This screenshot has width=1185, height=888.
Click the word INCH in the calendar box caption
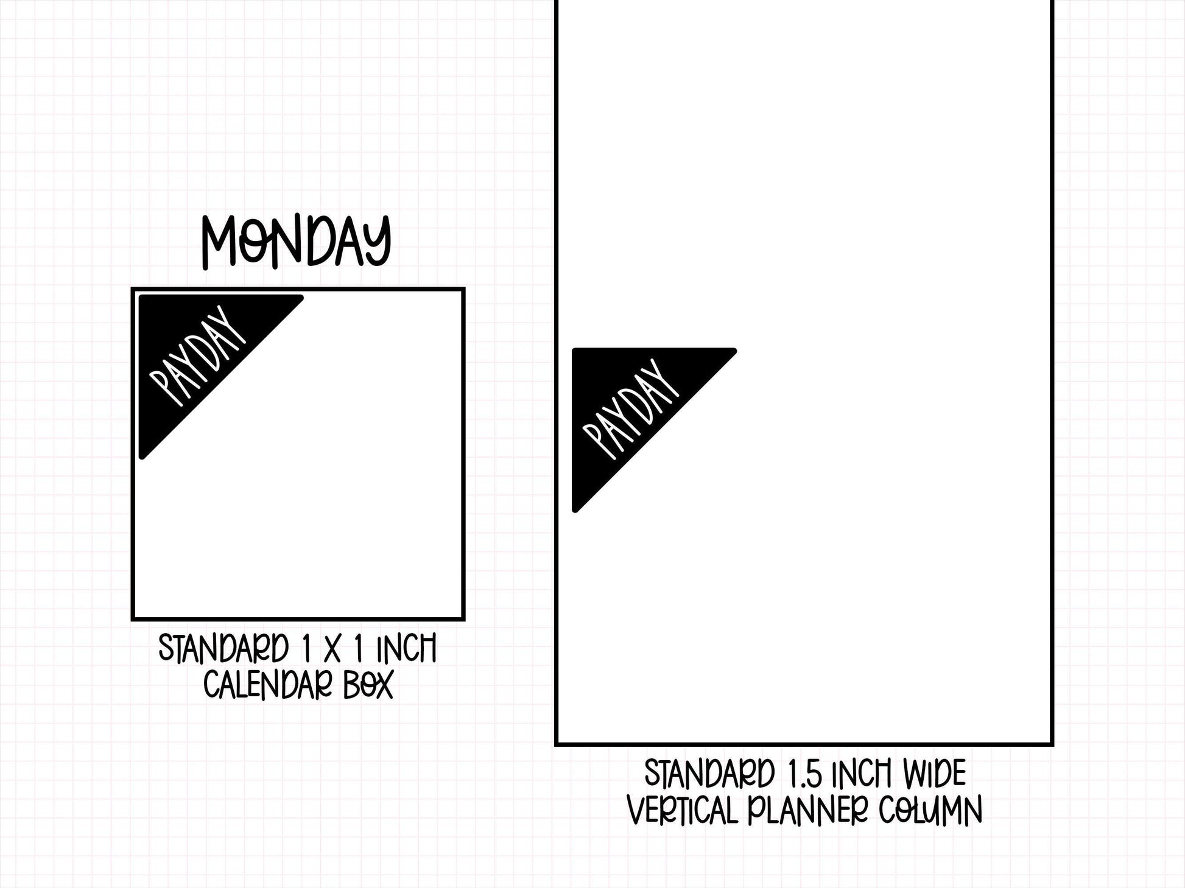[x=406, y=649]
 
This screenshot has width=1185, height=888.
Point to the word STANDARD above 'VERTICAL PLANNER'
[x=709, y=774]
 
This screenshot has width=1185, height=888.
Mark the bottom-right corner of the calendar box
[x=464, y=620]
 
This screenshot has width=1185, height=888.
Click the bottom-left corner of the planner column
[x=556, y=744]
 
